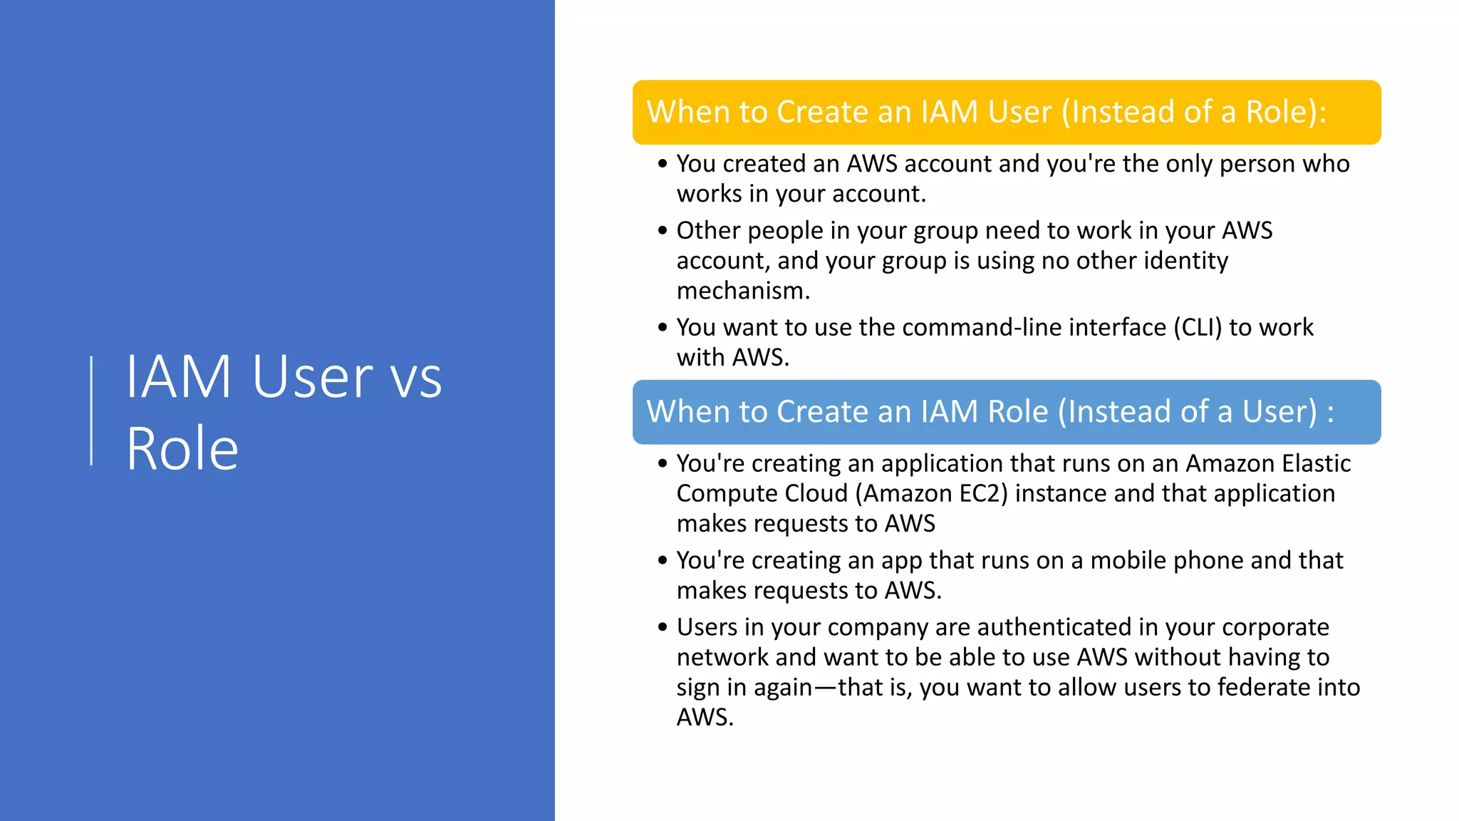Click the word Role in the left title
182,449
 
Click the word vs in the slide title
416,378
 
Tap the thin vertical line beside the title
91,410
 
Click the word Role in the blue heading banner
1017,412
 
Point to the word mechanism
742,291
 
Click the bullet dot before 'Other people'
663,231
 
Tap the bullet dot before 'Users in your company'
663,627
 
